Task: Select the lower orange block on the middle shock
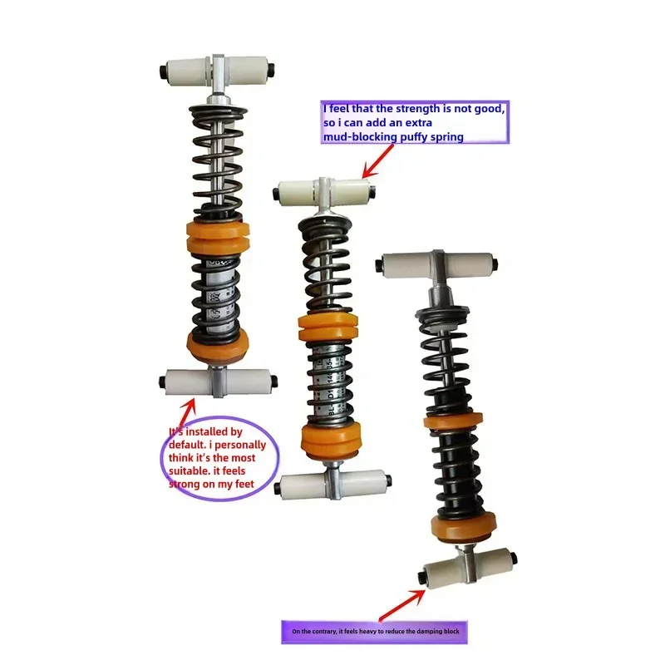[x=331, y=437]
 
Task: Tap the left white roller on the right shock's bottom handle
[x=442, y=574]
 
